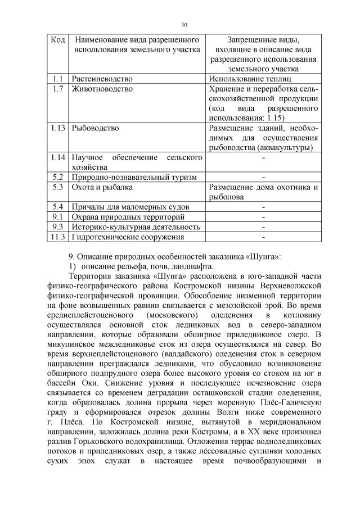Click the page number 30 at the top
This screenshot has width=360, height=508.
click(x=183, y=24)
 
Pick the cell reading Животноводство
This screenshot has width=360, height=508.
click(x=102, y=89)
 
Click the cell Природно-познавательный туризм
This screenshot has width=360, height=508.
click(x=133, y=177)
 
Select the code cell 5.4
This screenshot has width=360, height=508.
click(x=57, y=207)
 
